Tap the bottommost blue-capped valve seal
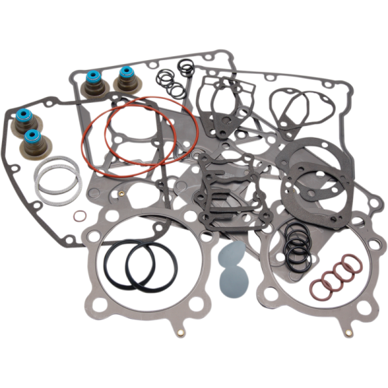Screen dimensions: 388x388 30,137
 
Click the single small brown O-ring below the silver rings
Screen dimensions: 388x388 79,215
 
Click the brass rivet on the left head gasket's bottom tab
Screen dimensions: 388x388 179,334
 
